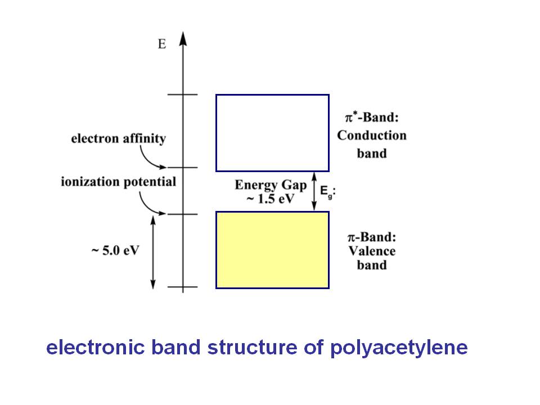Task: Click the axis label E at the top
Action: point(162,44)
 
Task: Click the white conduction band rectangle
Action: point(272,133)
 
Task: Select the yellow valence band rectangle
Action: point(272,250)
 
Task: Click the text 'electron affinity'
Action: point(118,139)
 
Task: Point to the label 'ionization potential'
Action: point(119,182)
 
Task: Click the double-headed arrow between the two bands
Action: point(315,191)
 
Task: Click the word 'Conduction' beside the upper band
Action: point(371,136)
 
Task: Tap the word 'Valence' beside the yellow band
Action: point(371,251)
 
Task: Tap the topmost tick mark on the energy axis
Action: point(183,94)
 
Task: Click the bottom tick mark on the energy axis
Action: point(183,287)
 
